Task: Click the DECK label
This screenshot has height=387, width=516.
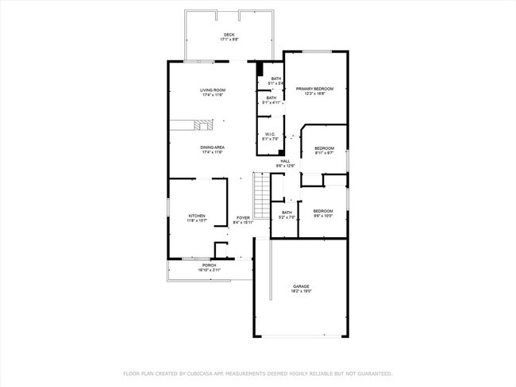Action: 229,35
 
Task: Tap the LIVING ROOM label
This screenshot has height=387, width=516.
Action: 213,90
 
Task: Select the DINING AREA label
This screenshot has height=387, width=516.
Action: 213,148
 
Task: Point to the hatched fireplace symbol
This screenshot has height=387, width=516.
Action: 205,125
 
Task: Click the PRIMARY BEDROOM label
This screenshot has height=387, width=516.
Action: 314,89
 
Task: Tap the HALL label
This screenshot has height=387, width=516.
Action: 285,160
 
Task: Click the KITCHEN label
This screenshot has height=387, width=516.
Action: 197,216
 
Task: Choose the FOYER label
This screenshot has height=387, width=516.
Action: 243,218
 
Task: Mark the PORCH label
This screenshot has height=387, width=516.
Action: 209,266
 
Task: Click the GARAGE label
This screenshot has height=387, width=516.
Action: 301,286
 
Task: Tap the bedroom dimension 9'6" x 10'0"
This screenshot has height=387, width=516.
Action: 322,216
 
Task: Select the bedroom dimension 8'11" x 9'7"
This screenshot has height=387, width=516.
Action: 324,153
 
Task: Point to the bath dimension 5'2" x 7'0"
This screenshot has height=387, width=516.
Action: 287,217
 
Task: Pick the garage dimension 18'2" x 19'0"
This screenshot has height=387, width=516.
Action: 301,291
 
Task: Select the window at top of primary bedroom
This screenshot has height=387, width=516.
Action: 317,52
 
